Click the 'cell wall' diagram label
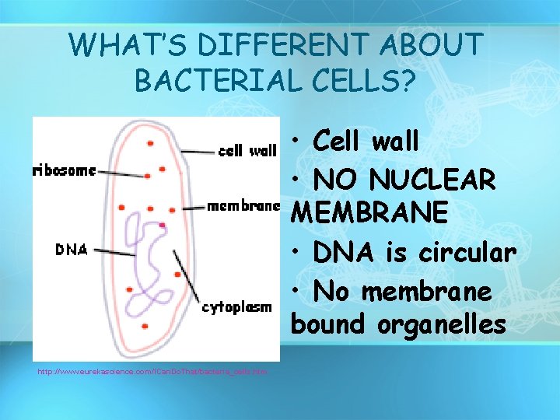tap(247, 152)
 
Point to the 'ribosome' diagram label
tap(65, 170)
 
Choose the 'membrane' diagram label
tap(243, 206)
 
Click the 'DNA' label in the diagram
tap(72, 250)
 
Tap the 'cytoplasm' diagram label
tap(236, 307)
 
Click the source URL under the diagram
tap(152, 372)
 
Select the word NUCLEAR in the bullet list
tap(432, 180)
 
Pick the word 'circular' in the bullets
tap(467, 253)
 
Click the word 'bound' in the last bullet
tap(327, 324)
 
